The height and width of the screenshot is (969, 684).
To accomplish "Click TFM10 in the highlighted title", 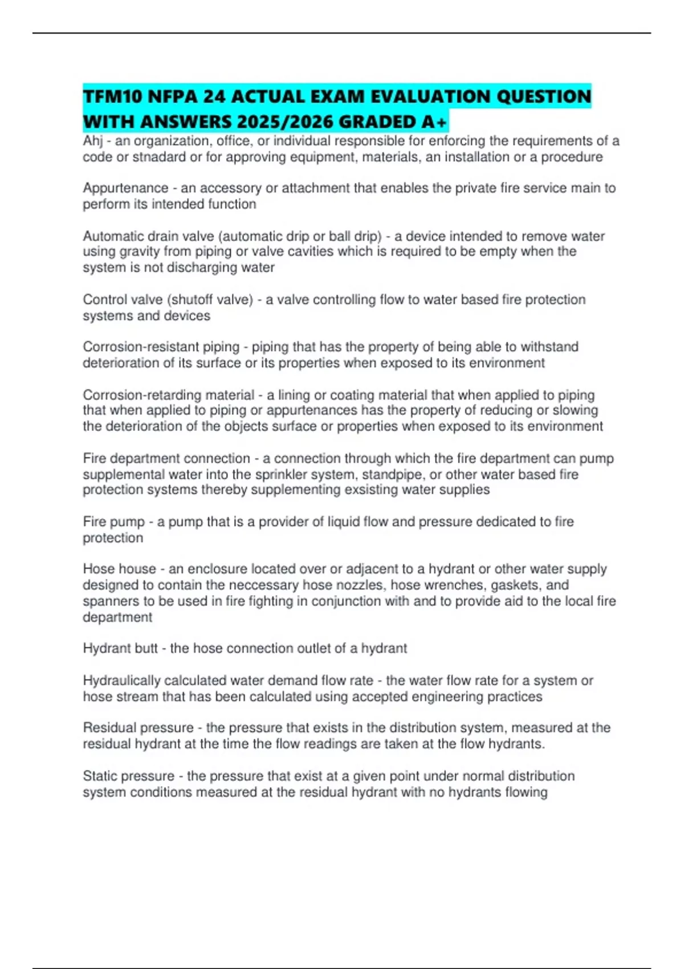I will (112, 96).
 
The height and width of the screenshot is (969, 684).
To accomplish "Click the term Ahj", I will (93, 141).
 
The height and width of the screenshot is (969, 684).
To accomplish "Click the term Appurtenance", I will (125, 188).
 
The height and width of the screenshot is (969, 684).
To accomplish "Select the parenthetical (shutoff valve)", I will (210, 300).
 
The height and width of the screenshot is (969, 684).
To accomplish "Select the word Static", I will (100, 776).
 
